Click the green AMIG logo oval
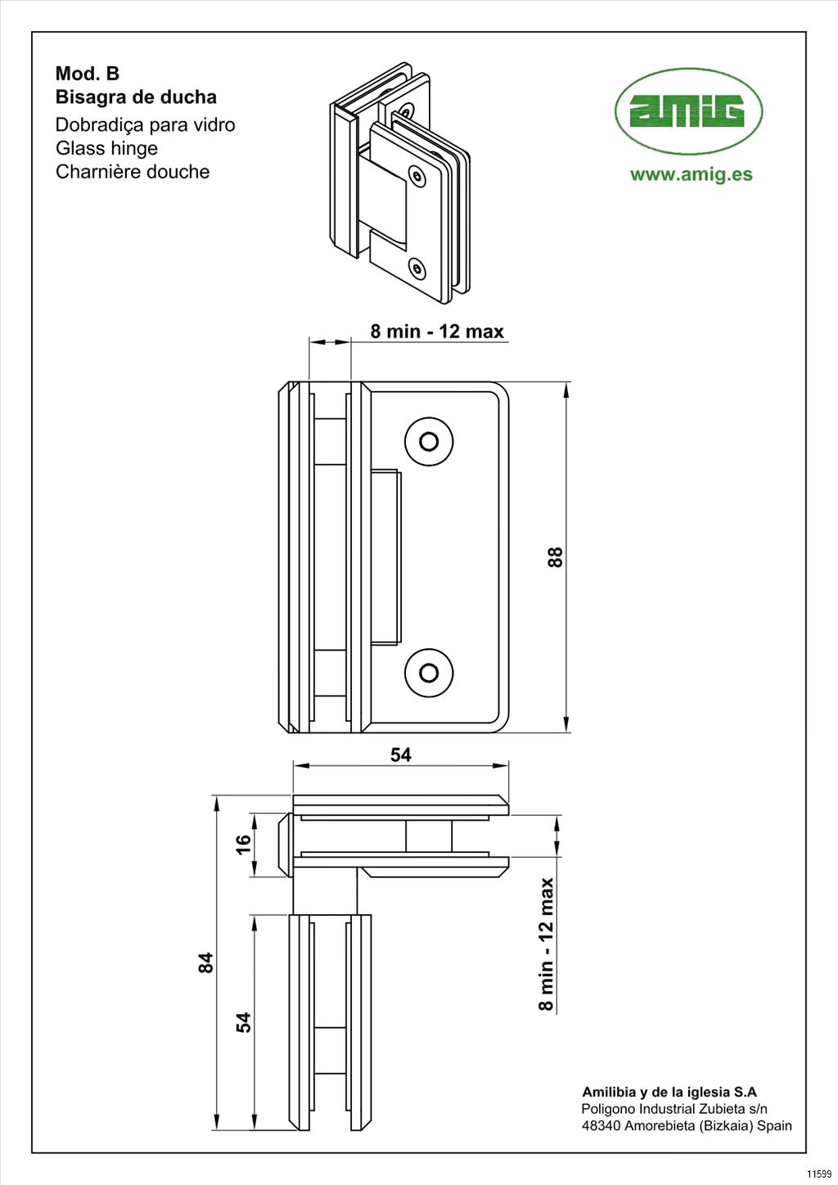(688, 111)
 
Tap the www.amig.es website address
(691, 174)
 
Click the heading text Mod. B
(87, 74)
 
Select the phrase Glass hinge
(106, 148)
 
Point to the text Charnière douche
(133, 172)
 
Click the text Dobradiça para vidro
(145, 125)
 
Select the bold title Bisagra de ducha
(136, 97)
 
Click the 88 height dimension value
(555, 557)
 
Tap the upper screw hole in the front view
(429, 442)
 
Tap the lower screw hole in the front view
(429, 673)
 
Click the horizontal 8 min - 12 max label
(437, 331)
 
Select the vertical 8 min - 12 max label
(546, 944)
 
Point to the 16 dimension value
(244, 845)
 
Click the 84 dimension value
(206, 962)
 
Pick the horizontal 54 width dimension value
(401, 755)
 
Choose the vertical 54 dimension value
(244, 1022)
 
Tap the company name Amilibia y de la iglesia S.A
(669, 1092)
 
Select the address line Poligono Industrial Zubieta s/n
(674, 1109)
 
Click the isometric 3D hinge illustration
(399, 178)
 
